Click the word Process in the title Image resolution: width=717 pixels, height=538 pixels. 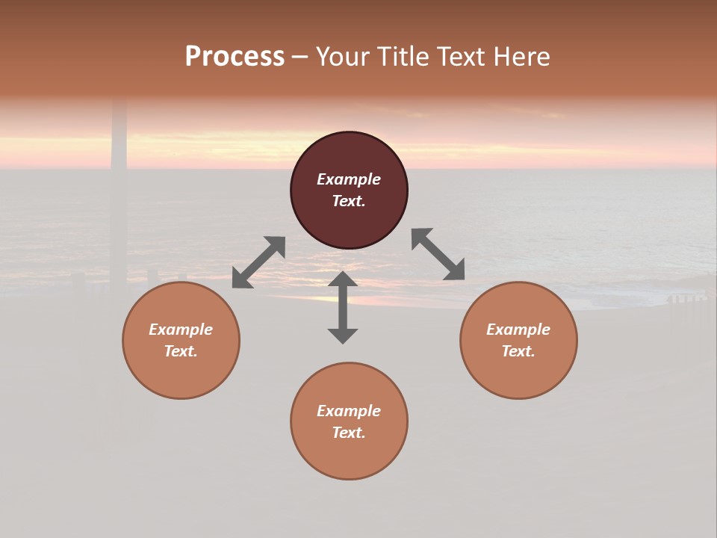click(235, 57)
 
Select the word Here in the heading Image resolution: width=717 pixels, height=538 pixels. click(522, 57)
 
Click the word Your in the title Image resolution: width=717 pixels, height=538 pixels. click(343, 57)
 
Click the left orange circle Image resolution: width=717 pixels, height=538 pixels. click(181, 374)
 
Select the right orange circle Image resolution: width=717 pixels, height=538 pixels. click(518, 374)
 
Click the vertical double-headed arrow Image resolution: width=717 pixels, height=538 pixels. click(343, 307)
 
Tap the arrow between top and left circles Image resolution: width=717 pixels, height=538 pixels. click(258, 262)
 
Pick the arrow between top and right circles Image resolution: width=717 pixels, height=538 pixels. click(438, 254)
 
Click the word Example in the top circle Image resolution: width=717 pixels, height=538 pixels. click(349, 179)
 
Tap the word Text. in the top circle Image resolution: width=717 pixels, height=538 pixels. click(349, 201)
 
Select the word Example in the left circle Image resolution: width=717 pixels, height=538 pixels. click(181, 330)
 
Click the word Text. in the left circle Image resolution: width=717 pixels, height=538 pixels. click(181, 351)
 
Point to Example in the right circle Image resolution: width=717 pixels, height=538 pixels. click(518, 330)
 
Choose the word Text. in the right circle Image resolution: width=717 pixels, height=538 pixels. click(518, 351)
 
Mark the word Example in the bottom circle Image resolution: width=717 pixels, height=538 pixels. click(349, 411)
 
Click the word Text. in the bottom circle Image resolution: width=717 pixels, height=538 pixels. click(349, 433)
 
